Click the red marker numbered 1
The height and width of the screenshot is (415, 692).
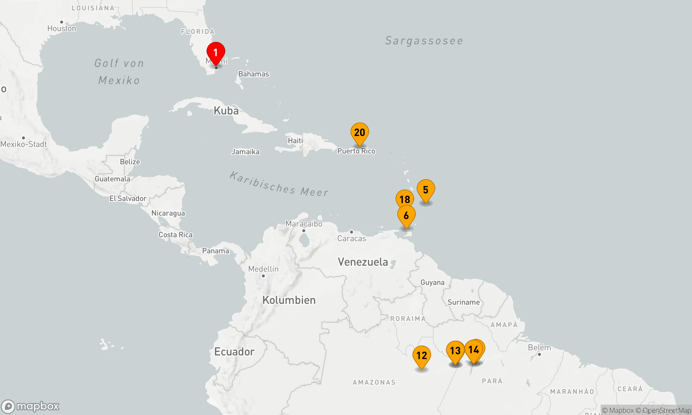[x=216, y=53]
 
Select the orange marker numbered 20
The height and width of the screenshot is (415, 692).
[x=360, y=133]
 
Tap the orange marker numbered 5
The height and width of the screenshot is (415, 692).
[x=426, y=190]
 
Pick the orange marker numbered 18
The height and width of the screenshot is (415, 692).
[x=404, y=199]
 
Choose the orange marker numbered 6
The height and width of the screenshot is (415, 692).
[x=406, y=215]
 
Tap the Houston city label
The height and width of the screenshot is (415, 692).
[x=62, y=28]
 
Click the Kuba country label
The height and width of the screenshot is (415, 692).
[x=226, y=111]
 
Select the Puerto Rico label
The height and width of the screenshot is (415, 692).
[x=356, y=151]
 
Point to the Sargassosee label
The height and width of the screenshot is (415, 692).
[x=424, y=41]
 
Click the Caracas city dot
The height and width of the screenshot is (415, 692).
[x=352, y=232]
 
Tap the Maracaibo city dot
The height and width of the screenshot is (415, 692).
[x=304, y=231]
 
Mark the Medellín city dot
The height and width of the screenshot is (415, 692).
[x=263, y=276]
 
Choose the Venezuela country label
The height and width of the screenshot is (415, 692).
[x=363, y=262]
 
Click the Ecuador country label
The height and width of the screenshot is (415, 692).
[x=234, y=352]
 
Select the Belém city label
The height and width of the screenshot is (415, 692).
[x=539, y=348]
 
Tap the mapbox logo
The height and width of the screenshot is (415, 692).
[x=30, y=406]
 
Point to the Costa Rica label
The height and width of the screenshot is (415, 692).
[x=175, y=235]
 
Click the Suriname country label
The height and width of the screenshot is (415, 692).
[x=464, y=302]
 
